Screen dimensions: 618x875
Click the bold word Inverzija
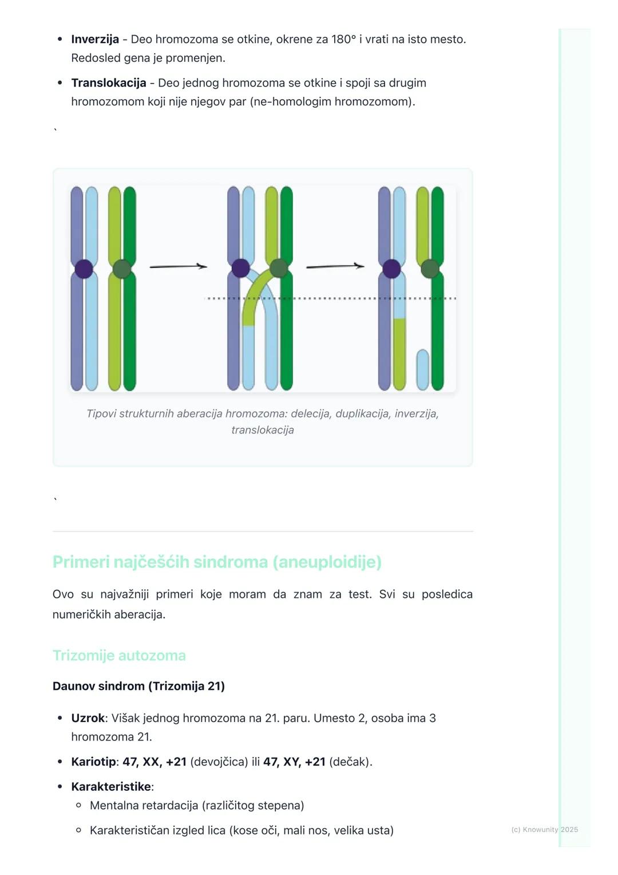(95, 40)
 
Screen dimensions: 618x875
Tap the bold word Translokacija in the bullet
(109, 83)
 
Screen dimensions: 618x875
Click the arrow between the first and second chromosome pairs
(179, 267)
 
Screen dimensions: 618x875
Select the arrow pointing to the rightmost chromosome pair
(335, 267)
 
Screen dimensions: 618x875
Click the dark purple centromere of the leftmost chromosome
(84, 269)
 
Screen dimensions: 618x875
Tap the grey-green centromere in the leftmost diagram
(122, 269)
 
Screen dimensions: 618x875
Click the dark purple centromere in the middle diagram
(240, 269)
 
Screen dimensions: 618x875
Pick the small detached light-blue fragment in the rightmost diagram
(423, 369)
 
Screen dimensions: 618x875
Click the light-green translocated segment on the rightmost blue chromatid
(399, 354)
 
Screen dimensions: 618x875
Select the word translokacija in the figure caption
(263, 430)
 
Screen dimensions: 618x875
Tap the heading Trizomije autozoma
(119, 656)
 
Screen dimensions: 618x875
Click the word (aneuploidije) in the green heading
(327, 562)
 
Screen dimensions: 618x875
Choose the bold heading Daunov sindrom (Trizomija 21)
(138, 687)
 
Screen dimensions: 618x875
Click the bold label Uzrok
(88, 718)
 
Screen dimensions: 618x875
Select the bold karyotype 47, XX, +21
(154, 762)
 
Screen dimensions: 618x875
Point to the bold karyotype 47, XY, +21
(294, 762)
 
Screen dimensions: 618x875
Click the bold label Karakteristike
(111, 786)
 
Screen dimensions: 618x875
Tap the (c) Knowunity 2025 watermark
(545, 830)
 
